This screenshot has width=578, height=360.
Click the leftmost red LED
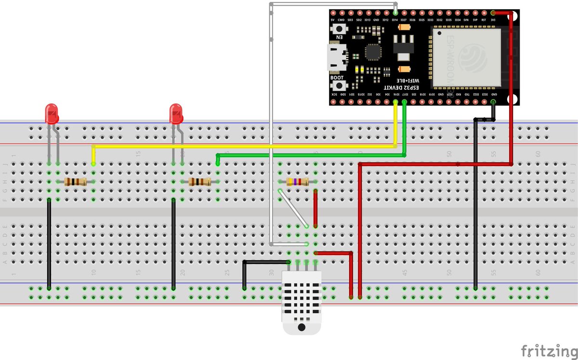[x=51, y=113]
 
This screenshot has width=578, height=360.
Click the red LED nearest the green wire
[x=176, y=113]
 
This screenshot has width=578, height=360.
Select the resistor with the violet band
[x=298, y=182]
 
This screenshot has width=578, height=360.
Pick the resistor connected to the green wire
[x=200, y=182]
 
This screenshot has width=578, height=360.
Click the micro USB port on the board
[x=335, y=56]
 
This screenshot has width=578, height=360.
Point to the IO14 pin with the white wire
[x=395, y=13]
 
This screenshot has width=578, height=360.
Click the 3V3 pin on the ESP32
[x=493, y=13]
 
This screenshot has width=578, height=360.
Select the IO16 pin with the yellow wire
[x=395, y=102]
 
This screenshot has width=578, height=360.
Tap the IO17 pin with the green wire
[x=405, y=102]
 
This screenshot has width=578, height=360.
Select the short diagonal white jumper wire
[x=292, y=208]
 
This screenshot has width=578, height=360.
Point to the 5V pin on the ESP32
[x=332, y=13]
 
